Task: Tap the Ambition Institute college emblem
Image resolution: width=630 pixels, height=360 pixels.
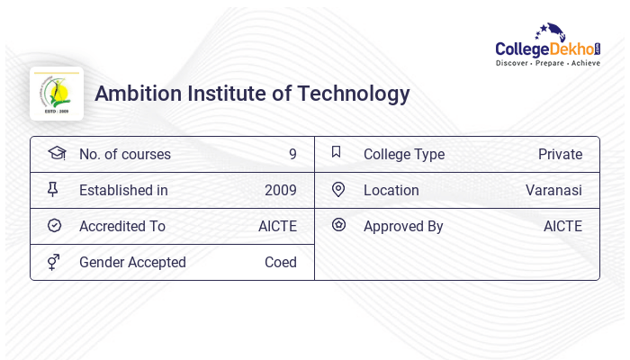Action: point(57,94)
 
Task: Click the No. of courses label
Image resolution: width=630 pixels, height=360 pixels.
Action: point(124,154)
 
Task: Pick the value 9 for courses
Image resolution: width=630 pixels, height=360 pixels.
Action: point(292,154)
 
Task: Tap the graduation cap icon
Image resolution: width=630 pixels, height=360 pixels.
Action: point(56,153)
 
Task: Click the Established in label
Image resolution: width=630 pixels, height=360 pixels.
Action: point(123,190)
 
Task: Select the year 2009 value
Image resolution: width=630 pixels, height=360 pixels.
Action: point(281,190)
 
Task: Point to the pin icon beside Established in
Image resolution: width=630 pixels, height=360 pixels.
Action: point(54,190)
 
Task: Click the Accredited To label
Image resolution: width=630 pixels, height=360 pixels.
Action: point(122,226)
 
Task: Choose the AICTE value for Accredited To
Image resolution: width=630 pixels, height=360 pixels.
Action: point(277,226)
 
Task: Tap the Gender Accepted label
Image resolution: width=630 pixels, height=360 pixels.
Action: point(132,262)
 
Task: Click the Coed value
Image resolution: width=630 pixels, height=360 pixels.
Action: point(281,262)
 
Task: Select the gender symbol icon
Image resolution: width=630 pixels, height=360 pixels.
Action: point(54,262)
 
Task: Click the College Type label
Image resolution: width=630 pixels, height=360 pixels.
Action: point(404,154)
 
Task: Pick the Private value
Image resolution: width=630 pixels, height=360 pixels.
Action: point(560,154)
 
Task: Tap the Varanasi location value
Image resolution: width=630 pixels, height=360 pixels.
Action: point(553,190)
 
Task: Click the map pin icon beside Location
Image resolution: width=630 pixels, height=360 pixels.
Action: point(338,189)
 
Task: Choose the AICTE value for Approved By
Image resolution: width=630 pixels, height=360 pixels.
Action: point(562,226)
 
